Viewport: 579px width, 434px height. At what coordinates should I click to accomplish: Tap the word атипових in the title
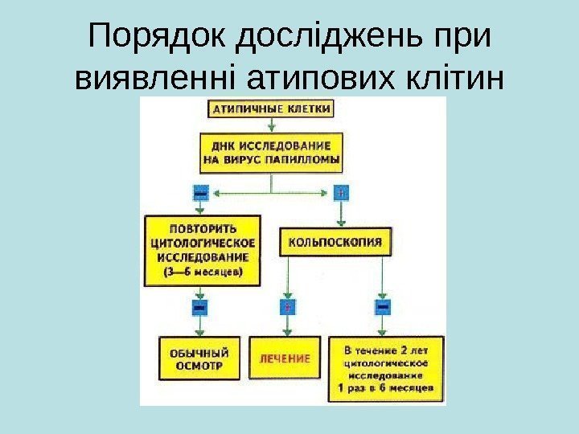tap(314, 79)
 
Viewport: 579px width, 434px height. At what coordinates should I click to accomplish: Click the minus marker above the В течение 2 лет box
tap(383, 308)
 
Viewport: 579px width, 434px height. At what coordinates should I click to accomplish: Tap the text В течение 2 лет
tap(388, 350)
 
